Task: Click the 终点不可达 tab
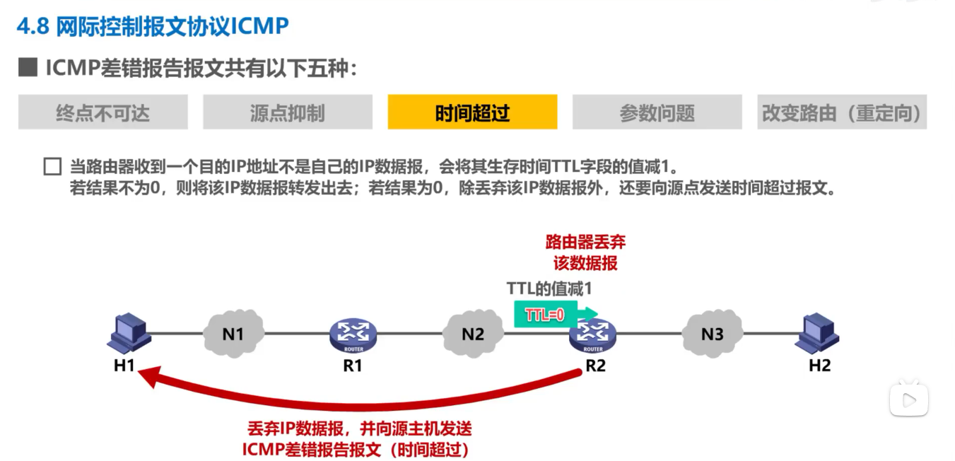click(103, 112)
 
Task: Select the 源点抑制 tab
click(288, 112)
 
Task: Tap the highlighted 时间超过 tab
click(472, 112)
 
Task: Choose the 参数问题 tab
click(657, 112)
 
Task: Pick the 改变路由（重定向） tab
click(841, 112)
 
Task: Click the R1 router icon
click(353, 335)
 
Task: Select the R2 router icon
click(593, 335)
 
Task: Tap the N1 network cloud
click(233, 332)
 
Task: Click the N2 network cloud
click(473, 332)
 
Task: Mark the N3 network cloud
click(713, 332)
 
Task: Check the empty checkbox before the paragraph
click(52, 168)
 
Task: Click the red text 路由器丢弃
click(585, 243)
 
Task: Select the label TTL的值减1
click(549, 288)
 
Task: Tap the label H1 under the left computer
click(124, 366)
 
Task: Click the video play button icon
click(908, 401)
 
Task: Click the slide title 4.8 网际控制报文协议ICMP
click(153, 26)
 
